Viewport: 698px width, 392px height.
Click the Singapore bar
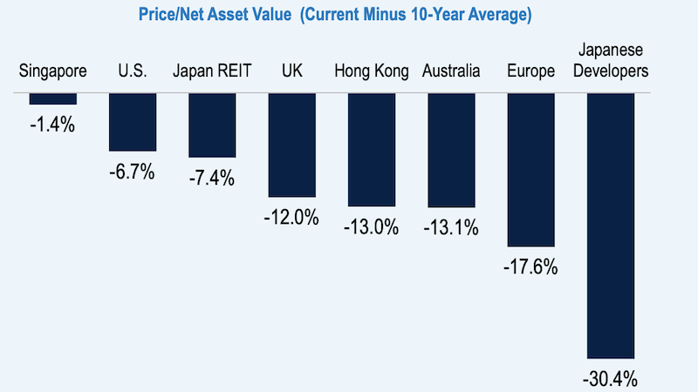pos(52,99)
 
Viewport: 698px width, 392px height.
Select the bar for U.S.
pos(133,122)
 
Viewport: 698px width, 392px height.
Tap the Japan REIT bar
pos(212,125)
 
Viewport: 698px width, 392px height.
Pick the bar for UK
pos(291,145)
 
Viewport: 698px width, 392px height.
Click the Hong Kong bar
pos(372,149)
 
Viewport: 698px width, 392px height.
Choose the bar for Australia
pos(451,150)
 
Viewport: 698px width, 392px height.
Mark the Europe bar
pos(530,170)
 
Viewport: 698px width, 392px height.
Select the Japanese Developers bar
pos(611,226)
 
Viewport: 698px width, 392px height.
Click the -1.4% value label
pos(52,125)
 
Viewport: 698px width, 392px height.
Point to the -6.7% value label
pos(133,171)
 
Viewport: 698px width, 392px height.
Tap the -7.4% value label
pos(212,178)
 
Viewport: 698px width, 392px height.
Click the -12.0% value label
pos(291,218)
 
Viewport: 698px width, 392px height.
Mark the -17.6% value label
pos(530,267)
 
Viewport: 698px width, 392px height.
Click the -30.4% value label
pos(611,379)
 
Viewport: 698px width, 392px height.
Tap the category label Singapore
pos(52,71)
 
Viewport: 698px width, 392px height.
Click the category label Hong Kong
pos(372,71)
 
